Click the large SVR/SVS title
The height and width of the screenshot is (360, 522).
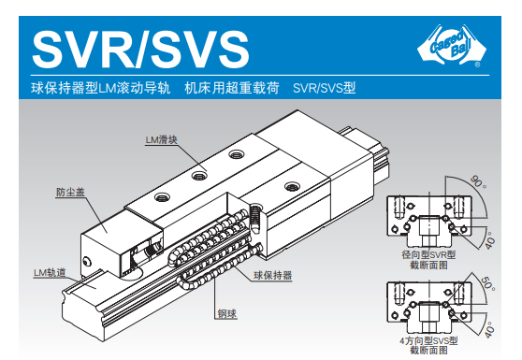coord(140,49)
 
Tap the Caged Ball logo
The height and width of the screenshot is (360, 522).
coord(452,45)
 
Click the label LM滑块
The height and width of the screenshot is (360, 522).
coord(162,139)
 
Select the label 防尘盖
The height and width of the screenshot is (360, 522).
coord(70,192)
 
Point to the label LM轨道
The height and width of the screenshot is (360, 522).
coord(50,273)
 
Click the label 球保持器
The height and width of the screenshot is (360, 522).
coord(272,276)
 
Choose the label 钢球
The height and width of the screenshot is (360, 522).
coord(227,314)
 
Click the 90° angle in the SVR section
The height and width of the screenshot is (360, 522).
coord(478,182)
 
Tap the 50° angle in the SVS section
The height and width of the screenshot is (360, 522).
coord(488,283)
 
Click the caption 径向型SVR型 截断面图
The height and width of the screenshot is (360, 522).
coord(428,260)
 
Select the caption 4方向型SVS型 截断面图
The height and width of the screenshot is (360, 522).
coord(428,345)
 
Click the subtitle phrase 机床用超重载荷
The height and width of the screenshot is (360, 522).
coord(232,88)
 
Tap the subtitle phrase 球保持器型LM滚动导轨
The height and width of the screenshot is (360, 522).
coord(101,88)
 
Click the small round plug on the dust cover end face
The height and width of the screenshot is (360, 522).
coord(87,261)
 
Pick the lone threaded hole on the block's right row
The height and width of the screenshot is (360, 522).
coord(292,186)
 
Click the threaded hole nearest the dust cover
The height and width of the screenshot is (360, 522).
coord(162,197)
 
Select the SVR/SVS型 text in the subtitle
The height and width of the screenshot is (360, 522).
coord(325,88)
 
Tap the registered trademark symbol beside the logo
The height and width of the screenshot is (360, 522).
coord(477,65)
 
